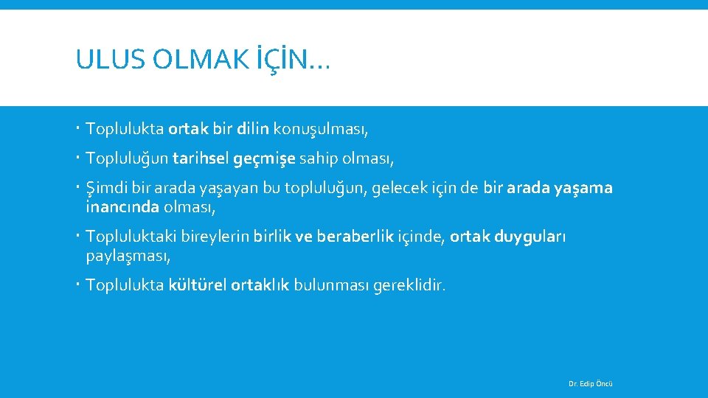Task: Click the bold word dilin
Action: point(254,130)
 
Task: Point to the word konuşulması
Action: point(320,130)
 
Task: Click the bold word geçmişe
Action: point(265,158)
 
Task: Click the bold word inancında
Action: point(122,207)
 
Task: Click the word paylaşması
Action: point(128,256)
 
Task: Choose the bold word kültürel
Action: point(197,285)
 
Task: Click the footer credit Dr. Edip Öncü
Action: point(591,384)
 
